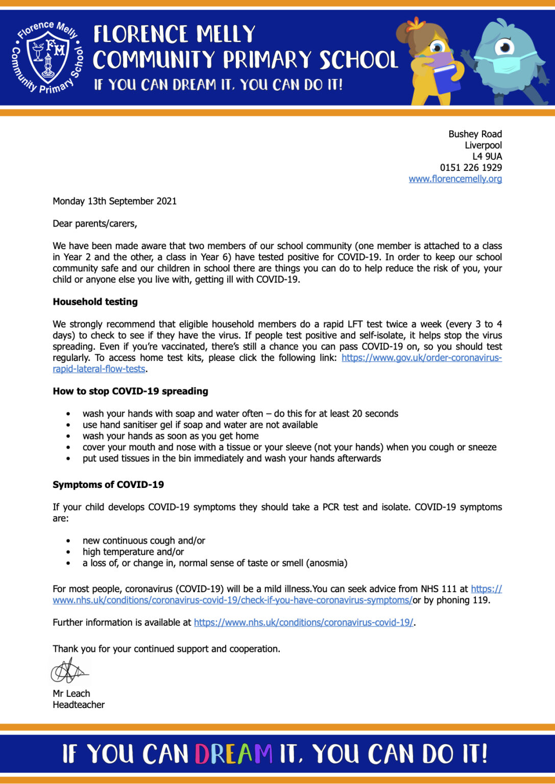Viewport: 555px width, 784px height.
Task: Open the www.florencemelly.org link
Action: [455, 179]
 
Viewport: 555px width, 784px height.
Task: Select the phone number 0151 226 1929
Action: [471, 167]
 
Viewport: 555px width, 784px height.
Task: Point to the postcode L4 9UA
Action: [487, 156]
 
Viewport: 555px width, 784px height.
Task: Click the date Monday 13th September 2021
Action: [114, 201]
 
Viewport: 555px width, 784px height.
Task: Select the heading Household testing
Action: [95, 302]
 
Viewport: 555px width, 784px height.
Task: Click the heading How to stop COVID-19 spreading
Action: [130, 391]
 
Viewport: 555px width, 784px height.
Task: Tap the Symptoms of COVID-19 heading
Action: [108, 485]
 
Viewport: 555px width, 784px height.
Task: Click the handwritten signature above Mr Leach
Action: [69, 671]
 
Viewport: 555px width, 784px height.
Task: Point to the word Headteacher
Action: [79, 705]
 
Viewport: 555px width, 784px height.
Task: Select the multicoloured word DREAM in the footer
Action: [233, 754]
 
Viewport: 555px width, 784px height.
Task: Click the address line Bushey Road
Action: [475, 134]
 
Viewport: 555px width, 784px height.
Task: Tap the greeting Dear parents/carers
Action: [94, 224]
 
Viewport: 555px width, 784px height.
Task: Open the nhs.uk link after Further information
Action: [303, 623]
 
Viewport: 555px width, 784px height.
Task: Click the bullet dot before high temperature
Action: [68, 552]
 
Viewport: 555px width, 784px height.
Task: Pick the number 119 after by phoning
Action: [480, 600]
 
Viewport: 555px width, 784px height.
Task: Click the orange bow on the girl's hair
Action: [417, 23]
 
